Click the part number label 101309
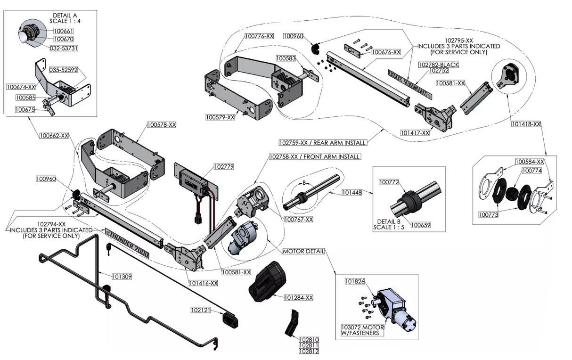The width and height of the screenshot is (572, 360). [121, 277]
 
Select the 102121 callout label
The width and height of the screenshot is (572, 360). [200, 311]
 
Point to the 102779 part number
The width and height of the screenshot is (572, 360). [223, 166]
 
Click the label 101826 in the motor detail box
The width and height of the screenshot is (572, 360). [355, 281]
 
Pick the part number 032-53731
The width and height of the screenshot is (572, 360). [64, 48]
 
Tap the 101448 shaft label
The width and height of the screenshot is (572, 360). [355, 192]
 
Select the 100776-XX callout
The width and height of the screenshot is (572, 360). [259, 36]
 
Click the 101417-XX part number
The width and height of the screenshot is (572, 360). [415, 133]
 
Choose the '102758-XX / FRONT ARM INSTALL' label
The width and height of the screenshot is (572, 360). [314, 156]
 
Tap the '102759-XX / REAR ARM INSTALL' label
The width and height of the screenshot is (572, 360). [322, 142]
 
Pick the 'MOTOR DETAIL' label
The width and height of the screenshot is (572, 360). [303, 251]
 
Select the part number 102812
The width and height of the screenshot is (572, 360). [309, 352]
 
